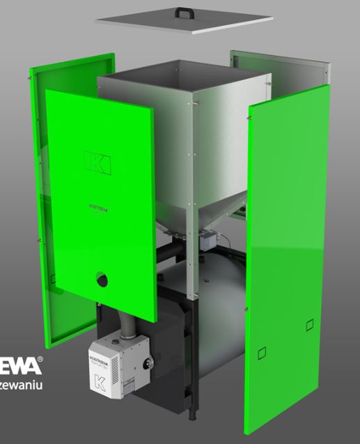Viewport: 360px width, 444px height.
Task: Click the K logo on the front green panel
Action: (x=97, y=161)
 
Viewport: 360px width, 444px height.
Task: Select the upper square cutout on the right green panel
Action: (x=309, y=324)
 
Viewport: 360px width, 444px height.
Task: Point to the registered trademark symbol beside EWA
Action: (x=40, y=360)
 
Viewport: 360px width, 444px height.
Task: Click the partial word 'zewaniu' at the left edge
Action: (x=22, y=383)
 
